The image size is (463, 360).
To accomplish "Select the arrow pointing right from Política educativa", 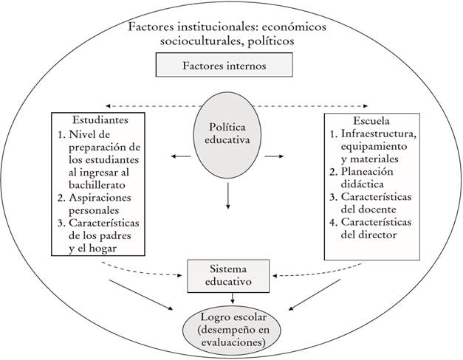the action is [275, 156].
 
